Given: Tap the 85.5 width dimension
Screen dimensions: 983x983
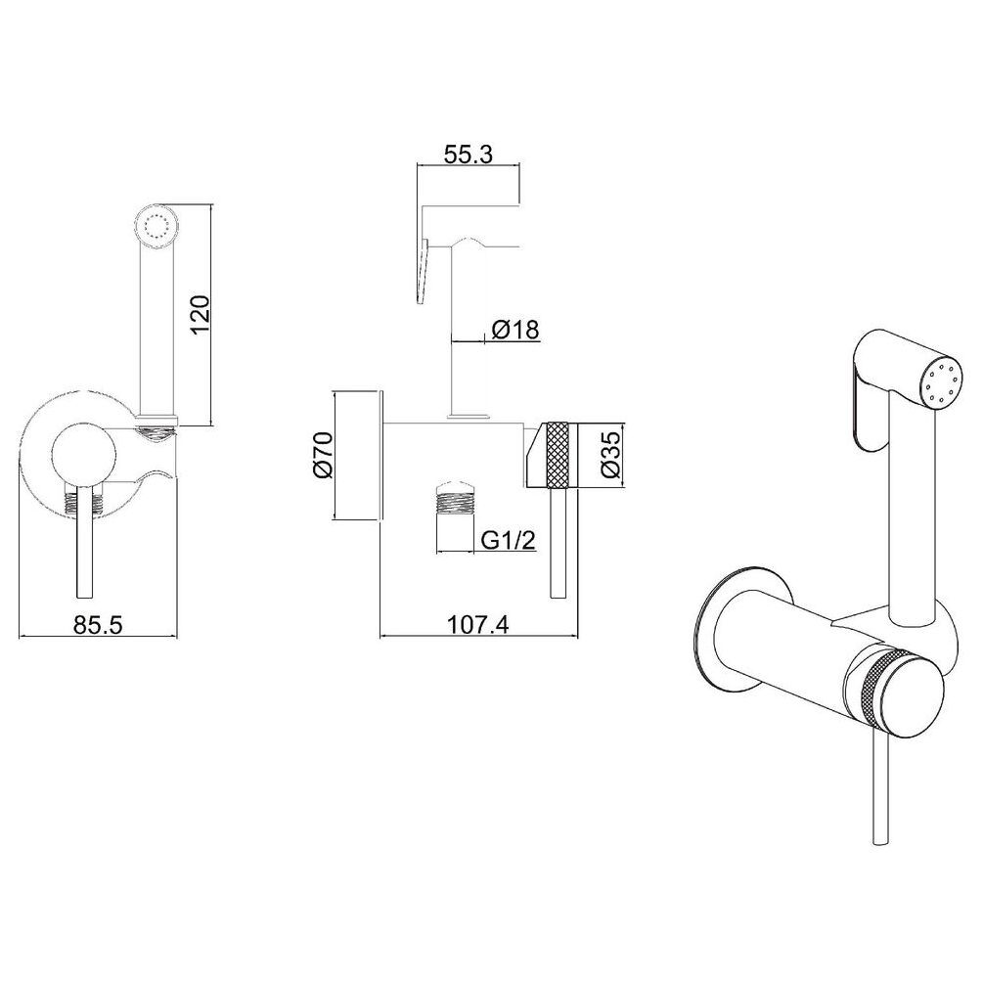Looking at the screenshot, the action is (x=99, y=624).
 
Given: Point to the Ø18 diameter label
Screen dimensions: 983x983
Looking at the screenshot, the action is (x=515, y=329).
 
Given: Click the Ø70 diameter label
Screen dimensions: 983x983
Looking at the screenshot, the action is (x=322, y=455).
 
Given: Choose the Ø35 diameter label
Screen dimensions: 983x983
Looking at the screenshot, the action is (x=611, y=455).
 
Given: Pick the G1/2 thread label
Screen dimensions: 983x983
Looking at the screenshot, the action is (x=509, y=539).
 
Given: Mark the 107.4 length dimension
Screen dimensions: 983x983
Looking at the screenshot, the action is (x=478, y=624).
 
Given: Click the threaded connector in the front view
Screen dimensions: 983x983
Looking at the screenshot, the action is (x=83, y=502).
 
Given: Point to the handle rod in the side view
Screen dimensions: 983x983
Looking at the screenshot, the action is (x=558, y=542).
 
